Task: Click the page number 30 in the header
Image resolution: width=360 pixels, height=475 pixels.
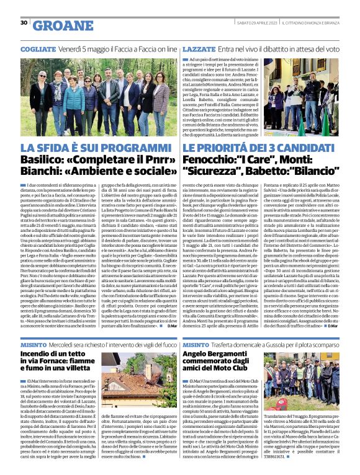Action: click(x=24, y=23)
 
